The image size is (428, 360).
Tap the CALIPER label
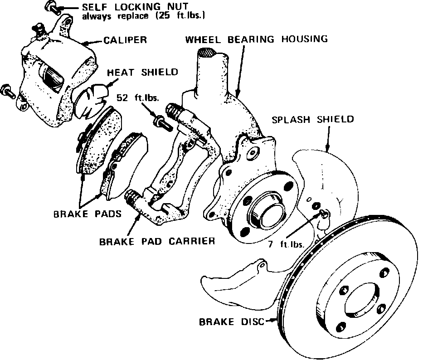point(125,40)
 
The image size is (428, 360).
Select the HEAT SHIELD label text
point(142,72)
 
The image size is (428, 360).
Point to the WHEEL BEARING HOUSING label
point(256,39)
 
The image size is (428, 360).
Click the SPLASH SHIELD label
point(312,120)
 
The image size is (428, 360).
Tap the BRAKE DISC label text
point(231,322)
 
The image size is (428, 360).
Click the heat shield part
point(89,100)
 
